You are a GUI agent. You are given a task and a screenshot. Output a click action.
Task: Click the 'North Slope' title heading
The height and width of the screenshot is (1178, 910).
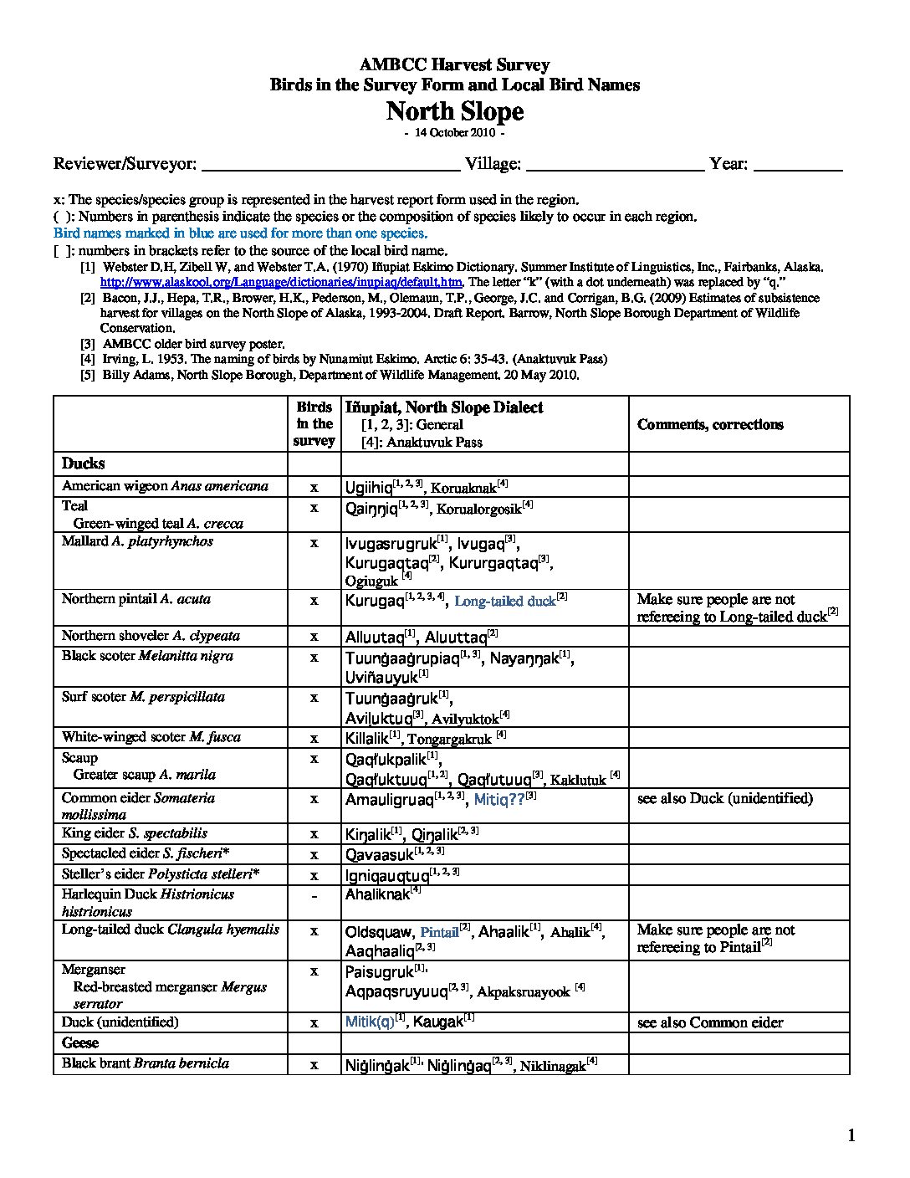(454, 111)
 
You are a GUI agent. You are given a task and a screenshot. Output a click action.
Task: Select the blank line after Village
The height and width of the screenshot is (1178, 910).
(615, 166)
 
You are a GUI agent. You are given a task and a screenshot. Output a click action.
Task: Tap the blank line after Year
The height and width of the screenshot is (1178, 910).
(798, 166)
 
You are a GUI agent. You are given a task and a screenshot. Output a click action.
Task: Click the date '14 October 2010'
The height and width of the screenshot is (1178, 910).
(454, 133)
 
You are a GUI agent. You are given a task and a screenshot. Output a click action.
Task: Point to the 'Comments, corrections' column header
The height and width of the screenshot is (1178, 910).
(710, 424)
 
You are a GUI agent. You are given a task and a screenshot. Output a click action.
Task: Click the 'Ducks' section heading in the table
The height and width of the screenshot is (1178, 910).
(84, 464)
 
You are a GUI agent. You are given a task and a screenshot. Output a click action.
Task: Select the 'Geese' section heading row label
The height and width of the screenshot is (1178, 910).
(80, 1042)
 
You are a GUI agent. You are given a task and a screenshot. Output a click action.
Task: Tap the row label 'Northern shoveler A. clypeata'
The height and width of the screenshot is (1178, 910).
(151, 636)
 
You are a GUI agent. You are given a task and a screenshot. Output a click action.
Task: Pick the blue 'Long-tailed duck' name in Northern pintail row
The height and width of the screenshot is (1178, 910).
(505, 601)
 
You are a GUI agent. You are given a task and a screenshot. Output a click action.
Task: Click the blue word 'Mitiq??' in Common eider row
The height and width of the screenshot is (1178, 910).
(498, 799)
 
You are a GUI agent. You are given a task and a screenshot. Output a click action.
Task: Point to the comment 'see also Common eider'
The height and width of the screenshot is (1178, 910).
(710, 1022)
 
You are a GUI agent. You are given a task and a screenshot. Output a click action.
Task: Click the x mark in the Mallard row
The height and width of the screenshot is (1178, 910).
(314, 543)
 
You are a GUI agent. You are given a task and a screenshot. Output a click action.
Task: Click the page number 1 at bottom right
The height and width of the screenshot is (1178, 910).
(851, 1135)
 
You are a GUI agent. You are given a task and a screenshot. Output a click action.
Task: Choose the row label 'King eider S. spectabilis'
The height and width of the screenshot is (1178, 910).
(135, 833)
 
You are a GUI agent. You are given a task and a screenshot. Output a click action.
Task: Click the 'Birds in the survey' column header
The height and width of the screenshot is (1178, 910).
(314, 424)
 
